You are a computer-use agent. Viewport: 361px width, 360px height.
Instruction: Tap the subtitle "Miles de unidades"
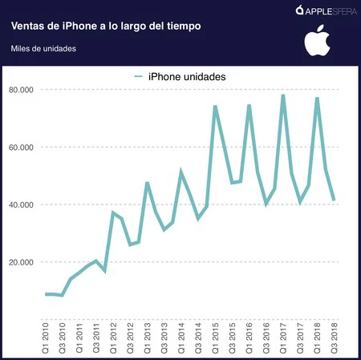pos(44,49)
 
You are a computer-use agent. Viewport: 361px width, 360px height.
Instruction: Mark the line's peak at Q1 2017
pos(283,95)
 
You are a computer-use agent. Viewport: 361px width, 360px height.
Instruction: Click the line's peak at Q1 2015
pos(215,107)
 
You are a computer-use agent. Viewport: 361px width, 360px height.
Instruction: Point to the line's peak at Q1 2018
pos(317,99)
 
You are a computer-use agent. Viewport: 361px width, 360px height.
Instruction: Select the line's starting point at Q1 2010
pos(46,294)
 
